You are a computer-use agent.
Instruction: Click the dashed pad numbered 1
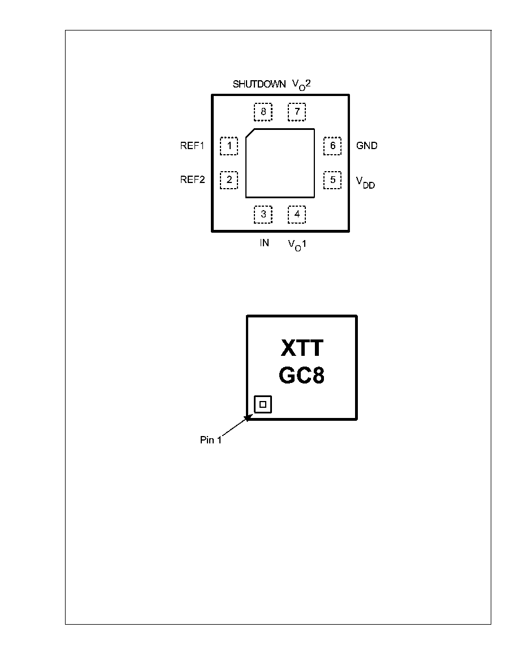click(x=229, y=146)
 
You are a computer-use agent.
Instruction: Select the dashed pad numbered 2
click(x=229, y=180)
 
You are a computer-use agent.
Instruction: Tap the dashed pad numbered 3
click(x=263, y=215)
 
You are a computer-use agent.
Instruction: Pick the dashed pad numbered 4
click(x=297, y=215)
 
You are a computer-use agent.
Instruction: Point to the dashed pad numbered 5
click(x=332, y=180)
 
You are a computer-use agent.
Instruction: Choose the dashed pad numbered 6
click(x=332, y=146)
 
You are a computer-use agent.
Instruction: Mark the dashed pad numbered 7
click(x=297, y=112)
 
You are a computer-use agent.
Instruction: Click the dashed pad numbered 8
click(x=263, y=112)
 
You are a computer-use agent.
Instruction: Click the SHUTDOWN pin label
click(x=259, y=84)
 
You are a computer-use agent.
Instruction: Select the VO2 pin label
click(x=301, y=85)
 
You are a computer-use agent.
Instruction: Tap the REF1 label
click(x=192, y=146)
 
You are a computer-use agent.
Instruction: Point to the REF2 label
click(x=192, y=180)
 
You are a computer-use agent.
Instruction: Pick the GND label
click(x=367, y=146)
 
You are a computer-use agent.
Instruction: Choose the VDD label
click(x=366, y=183)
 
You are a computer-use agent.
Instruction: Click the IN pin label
click(x=265, y=243)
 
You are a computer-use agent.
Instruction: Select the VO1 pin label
click(x=297, y=245)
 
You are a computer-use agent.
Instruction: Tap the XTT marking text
click(x=302, y=348)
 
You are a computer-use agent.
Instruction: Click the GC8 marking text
click(x=301, y=375)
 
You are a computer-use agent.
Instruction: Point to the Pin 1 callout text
click(x=211, y=440)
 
